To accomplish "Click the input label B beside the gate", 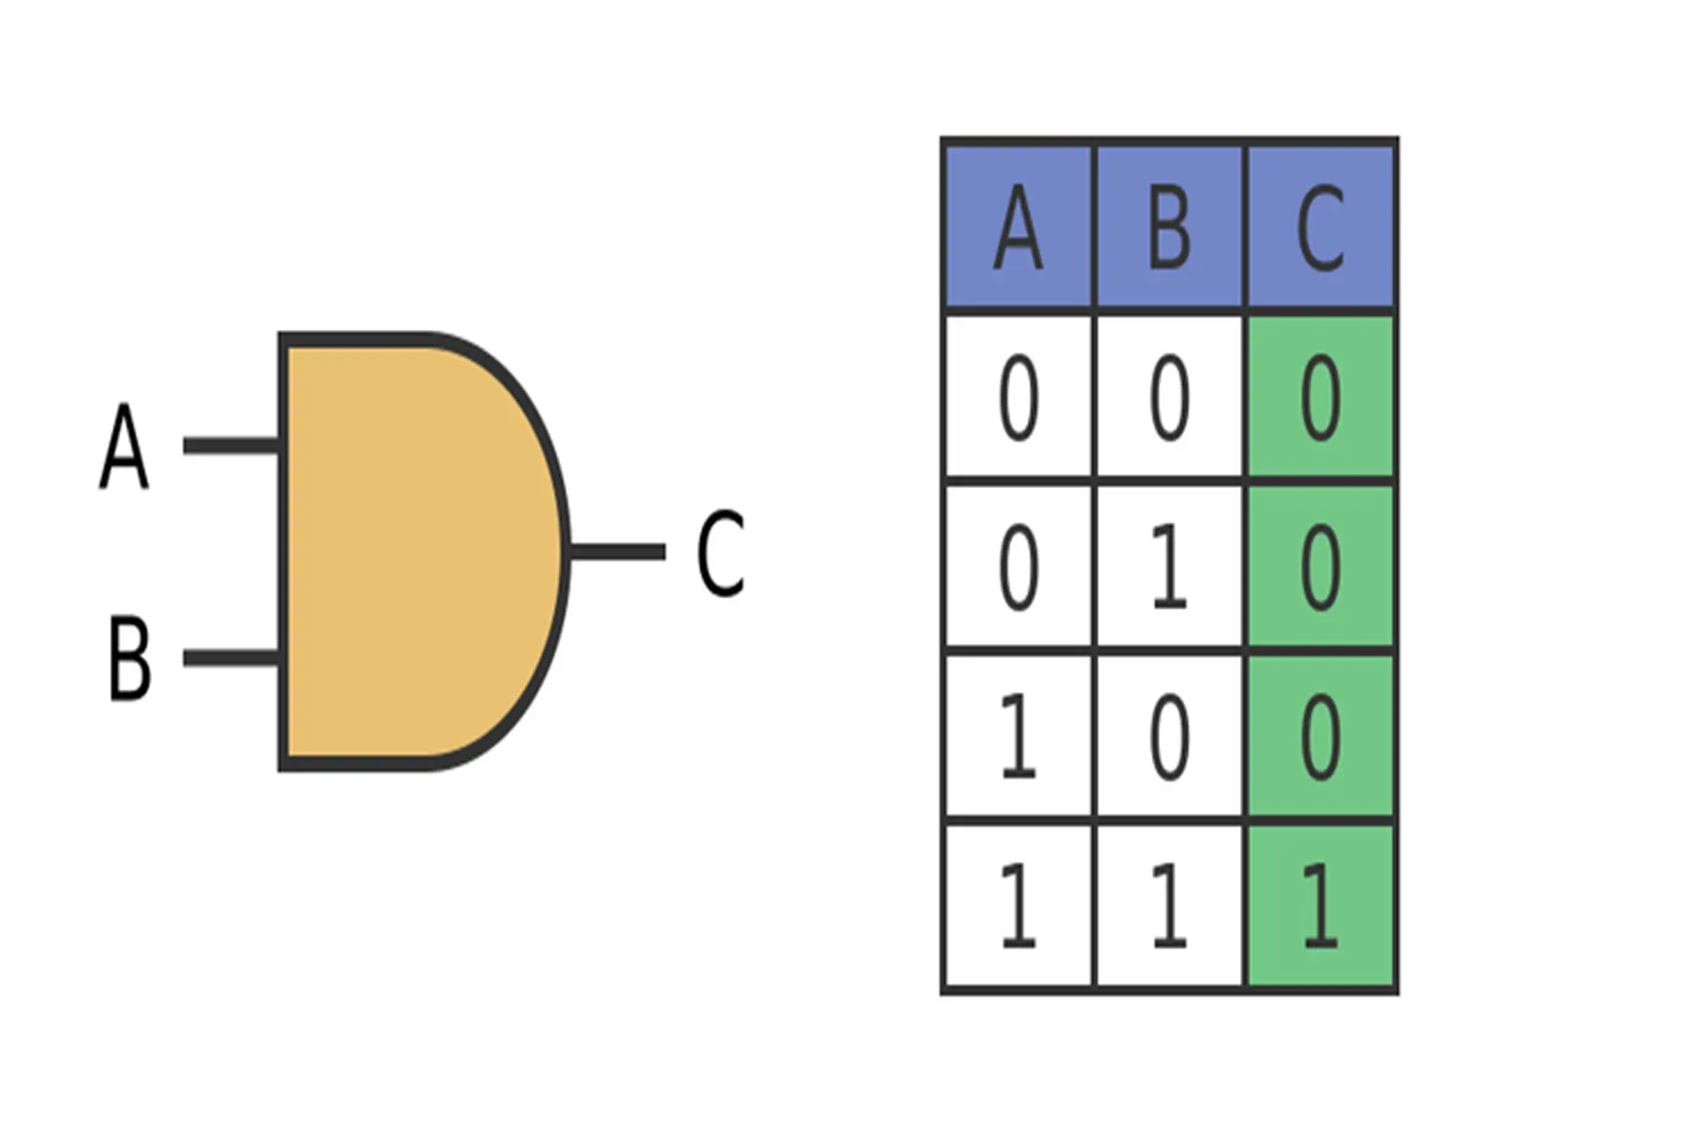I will tap(129, 659).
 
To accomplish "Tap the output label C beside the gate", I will tap(720, 553).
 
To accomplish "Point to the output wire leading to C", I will tap(616, 552).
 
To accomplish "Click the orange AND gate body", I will tap(416, 552).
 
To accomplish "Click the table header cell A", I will tap(1018, 227).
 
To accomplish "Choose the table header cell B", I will tap(1169, 227).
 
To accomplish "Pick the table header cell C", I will tap(1320, 227).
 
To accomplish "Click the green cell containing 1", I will tap(1320, 906).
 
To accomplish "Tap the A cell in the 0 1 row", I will tap(1018, 567).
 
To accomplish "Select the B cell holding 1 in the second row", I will tap(1169, 567).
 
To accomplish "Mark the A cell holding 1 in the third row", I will tap(1018, 737).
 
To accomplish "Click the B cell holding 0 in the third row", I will tap(1169, 737).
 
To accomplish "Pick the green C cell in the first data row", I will tap(1320, 397).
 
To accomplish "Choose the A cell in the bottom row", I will tap(1018, 906).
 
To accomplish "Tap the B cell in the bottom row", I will tap(1169, 906).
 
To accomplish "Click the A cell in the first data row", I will tap(1018, 397).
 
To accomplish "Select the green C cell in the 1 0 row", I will tap(1320, 737).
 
